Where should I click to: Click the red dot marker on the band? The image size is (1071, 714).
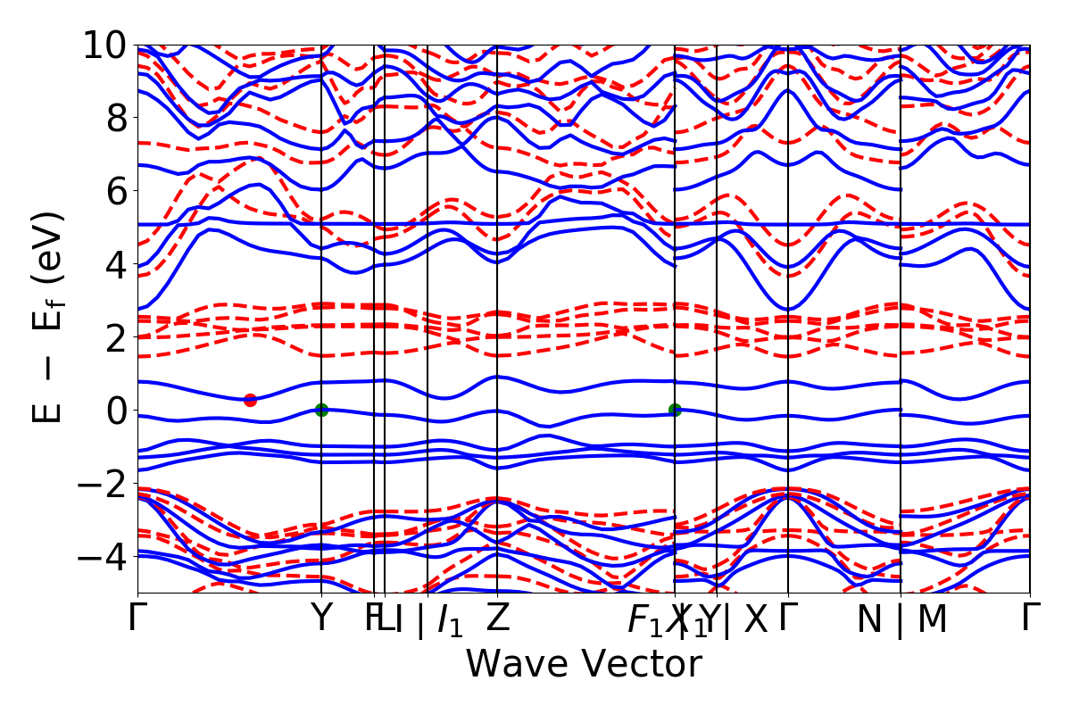coord(251,400)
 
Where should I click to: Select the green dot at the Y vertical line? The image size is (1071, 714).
coord(321,410)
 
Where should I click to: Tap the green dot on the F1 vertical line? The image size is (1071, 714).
coord(675,410)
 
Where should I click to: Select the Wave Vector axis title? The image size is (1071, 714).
coord(584,664)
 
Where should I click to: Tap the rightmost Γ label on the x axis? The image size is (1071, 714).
coord(1031,619)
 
